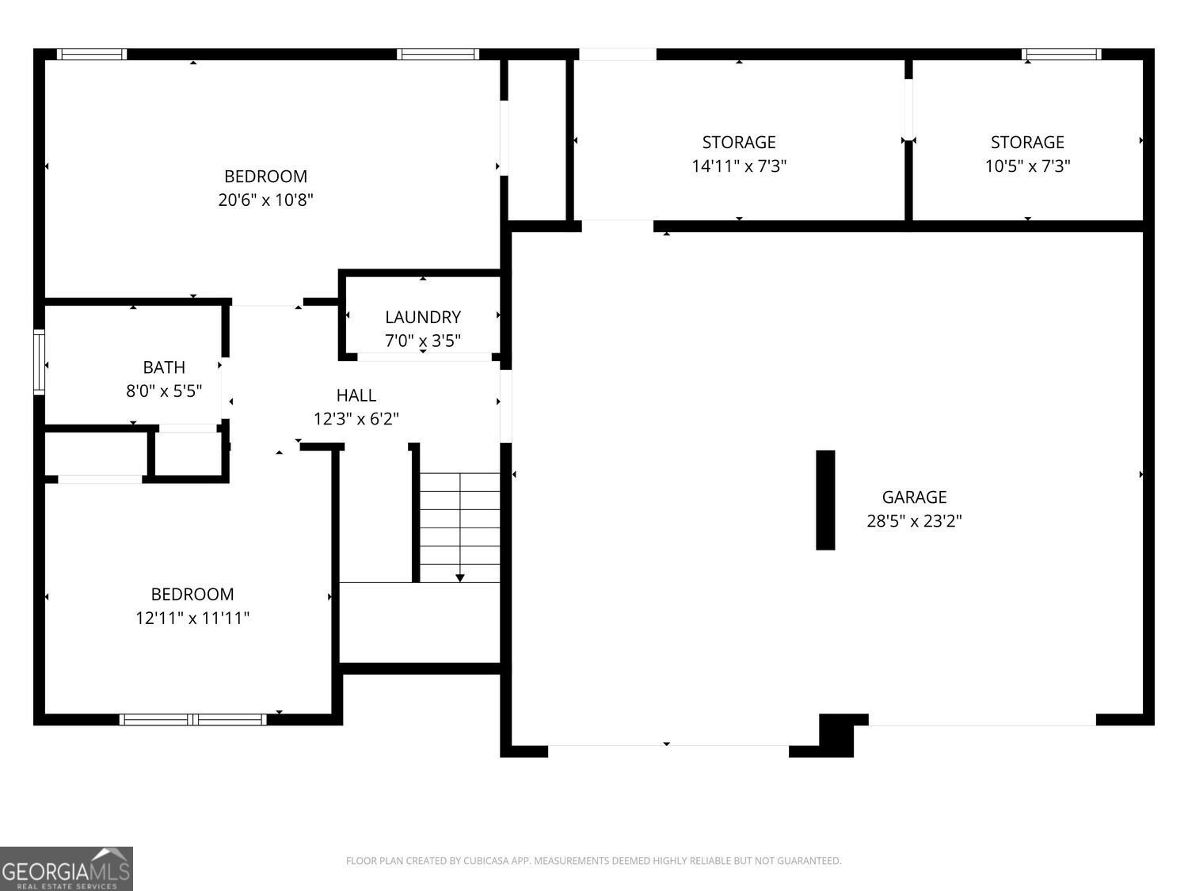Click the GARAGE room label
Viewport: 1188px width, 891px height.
coord(914,497)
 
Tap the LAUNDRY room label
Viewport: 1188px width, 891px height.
coord(423,317)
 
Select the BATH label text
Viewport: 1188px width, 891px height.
coord(164,367)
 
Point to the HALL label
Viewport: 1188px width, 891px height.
coord(356,395)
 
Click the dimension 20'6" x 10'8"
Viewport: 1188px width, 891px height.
coord(266,200)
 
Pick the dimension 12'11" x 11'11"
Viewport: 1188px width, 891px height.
coord(192,618)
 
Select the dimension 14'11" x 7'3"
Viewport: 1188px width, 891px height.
coord(739,166)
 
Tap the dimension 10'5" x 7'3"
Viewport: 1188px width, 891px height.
coord(1027,166)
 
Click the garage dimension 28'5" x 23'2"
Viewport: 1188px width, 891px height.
coord(914,521)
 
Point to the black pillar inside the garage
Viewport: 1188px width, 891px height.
coord(825,500)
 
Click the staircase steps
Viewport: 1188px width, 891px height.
coord(460,527)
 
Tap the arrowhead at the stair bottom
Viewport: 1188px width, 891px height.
coord(460,578)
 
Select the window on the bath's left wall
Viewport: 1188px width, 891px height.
coord(39,362)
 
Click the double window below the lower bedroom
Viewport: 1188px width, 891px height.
coord(192,719)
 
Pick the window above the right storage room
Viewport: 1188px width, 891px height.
coord(1061,54)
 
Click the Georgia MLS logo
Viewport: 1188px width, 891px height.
coord(66,869)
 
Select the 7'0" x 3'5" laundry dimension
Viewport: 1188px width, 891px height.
coord(423,341)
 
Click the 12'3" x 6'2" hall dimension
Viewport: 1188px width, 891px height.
coord(356,419)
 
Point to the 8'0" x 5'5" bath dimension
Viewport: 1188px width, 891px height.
coord(164,391)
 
